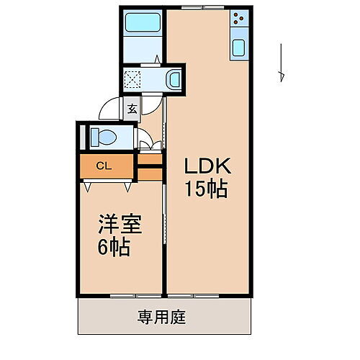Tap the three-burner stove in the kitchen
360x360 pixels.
(240, 23)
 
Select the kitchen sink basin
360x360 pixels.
(240, 50)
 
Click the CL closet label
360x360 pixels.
(103, 166)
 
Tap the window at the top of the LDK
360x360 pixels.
(203, 8)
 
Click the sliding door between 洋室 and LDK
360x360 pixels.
(166, 230)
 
